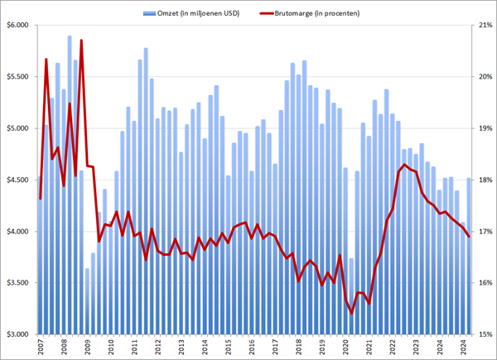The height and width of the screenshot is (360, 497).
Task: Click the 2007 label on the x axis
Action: tap(41, 348)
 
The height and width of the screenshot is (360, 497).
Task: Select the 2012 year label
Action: tap(157, 348)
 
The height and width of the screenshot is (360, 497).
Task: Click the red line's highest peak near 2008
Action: tap(81, 41)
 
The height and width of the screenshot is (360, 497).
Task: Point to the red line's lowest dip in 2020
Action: tap(352, 314)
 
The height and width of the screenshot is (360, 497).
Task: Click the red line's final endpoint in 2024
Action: tap(469, 237)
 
